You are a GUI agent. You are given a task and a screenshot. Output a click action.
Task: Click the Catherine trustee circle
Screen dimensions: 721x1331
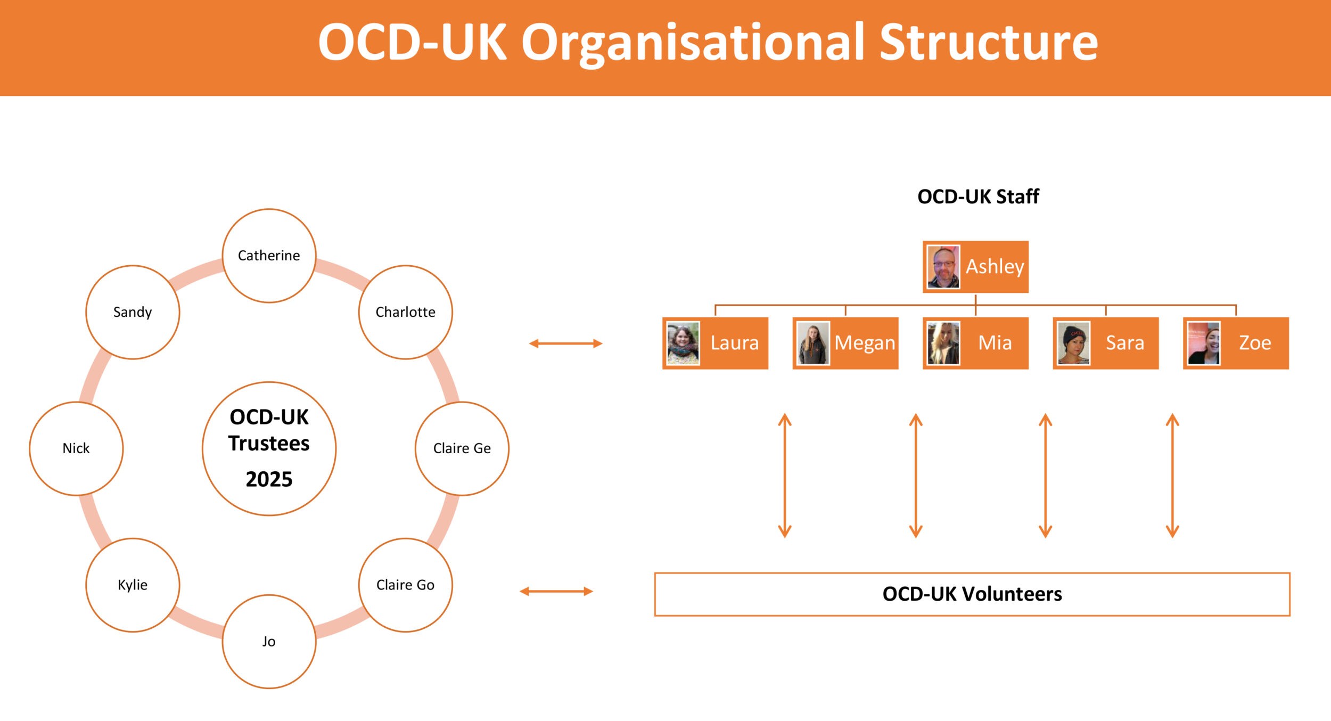click(x=269, y=256)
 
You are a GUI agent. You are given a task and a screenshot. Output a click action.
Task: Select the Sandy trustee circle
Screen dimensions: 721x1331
click(x=133, y=312)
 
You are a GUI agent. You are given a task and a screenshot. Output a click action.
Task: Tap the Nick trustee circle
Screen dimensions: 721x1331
click(x=76, y=448)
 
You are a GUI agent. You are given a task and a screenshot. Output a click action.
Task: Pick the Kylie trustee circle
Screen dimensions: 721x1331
click(x=133, y=585)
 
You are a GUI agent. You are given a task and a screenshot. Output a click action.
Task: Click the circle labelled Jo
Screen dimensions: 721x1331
click(x=269, y=641)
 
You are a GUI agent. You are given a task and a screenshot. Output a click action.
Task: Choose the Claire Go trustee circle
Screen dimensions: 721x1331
click(x=405, y=585)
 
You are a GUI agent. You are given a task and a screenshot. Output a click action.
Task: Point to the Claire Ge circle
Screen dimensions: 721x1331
click(x=462, y=448)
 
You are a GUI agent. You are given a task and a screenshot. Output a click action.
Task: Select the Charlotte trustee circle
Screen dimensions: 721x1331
click(x=405, y=312)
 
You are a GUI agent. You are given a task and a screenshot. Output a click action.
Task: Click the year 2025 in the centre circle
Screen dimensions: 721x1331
click(x=269, y=479)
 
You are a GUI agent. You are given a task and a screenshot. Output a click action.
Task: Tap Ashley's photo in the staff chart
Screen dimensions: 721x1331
click(x=943, y=266)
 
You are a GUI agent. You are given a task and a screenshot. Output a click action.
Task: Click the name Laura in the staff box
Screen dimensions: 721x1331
click(x=734, y=343)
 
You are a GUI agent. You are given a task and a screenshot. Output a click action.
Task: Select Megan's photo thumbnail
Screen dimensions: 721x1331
click(x=813, y=343)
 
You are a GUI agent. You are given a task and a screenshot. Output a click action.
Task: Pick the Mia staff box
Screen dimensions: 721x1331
click(x=975, y=343)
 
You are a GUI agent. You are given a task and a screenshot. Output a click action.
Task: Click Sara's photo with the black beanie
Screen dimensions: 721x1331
click(x=1073, y=343)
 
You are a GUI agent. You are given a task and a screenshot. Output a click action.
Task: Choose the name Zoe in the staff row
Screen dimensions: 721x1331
click(x=1254, y=343)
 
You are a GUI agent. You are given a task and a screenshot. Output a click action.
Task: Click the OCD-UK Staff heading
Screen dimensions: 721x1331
click(x=978, y=196)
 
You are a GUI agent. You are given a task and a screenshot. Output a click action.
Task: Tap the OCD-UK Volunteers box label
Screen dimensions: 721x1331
click(x=972, y=594)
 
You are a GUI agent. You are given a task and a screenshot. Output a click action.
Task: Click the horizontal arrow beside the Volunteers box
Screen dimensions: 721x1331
click(x=556, y=591)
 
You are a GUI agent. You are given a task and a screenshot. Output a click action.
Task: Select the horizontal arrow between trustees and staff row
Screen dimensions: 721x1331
click(x=565, y=343)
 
